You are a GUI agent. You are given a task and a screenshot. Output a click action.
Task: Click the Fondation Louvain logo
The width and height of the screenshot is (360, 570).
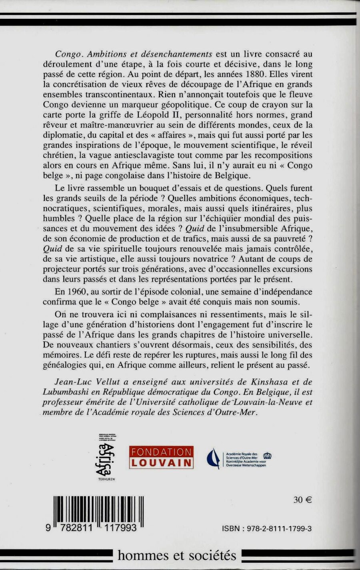161,457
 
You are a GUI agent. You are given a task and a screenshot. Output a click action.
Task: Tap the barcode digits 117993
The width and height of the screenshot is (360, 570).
118,528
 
